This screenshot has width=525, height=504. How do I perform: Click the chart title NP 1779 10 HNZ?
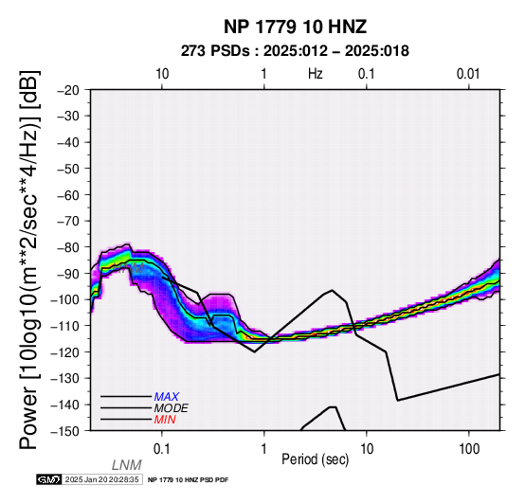tap(295, 27)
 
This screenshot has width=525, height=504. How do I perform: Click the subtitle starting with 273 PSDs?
tap(295, 51)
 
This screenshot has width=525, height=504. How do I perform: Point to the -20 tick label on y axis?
tap(68, 90)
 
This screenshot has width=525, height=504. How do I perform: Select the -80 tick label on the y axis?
tap(68, 247)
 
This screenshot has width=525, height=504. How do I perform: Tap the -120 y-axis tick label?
tap(65, 352)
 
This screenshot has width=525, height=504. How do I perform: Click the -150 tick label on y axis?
tap(65, 431)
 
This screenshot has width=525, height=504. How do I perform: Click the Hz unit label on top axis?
tap(316, 74)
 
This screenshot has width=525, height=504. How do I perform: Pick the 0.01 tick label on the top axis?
tap(468, 74)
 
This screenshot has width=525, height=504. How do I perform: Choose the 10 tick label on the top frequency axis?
tap(162, 74)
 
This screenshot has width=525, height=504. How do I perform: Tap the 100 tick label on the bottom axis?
tap(469, 449)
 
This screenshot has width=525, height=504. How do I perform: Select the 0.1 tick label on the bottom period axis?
tap(162, 449)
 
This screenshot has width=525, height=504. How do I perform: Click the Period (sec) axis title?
tap(315, 459)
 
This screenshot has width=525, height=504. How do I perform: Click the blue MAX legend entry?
tap(167, 397)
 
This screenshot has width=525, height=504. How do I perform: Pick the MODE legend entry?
tap(172, 408)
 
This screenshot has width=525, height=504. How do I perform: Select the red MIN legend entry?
tap(165, 420)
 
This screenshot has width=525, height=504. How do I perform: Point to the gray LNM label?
tap(127, 465)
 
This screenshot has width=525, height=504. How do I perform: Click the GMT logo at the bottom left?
tap(49, 479)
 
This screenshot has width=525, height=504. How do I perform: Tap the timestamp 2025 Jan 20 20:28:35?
tap(102, 479)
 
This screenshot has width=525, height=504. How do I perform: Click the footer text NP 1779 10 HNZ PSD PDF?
tap(189, 480)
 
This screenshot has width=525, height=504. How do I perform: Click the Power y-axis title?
tap(29, 260)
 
